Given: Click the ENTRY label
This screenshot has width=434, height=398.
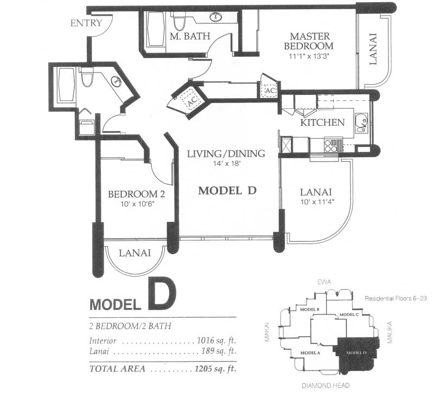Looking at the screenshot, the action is coord(86,23).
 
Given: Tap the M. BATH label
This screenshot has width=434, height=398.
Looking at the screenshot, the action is coord(190,36).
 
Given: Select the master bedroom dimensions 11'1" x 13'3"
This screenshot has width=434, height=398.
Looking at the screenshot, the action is coord(310,56).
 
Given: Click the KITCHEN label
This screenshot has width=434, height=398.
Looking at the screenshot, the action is coord(322,122).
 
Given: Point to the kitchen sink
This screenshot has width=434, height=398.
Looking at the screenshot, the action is coord(361,123).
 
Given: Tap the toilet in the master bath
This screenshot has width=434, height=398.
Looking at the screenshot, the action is coord(179,22).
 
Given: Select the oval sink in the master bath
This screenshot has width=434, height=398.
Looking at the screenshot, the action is coord(215,17).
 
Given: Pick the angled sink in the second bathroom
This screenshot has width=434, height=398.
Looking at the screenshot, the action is coord(116,81).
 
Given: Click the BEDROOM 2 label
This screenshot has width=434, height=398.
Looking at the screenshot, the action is coord(137,194).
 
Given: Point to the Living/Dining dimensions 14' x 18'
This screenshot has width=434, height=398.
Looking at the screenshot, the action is coord(226,163).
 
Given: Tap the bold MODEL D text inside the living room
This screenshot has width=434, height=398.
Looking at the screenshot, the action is coord(227,190).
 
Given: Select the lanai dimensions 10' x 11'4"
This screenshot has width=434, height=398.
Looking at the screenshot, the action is coord(317,202).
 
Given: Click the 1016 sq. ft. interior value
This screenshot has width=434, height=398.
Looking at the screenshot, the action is coord(216,340).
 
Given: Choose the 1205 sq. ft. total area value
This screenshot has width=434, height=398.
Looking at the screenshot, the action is coord(215,369).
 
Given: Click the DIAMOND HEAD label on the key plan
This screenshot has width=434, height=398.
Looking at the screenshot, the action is coord(325,386).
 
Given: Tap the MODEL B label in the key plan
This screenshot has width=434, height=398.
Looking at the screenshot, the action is coord(310,310).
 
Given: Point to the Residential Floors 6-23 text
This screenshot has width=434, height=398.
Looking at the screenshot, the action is coord(395,298).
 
